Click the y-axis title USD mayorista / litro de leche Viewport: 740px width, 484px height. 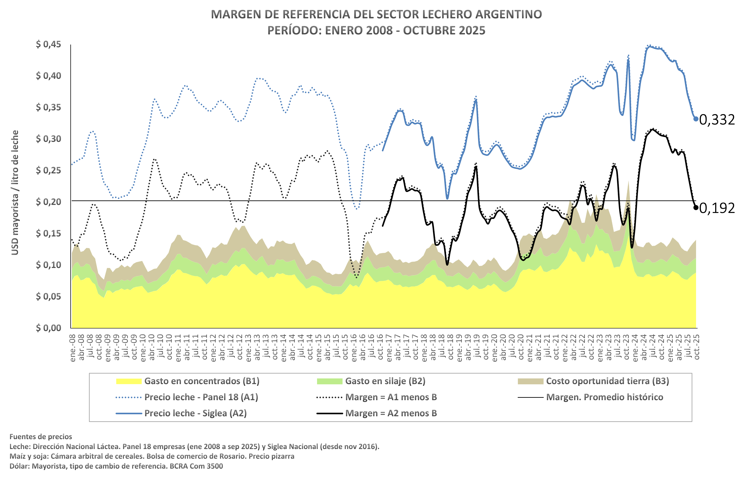[x=15, y=192]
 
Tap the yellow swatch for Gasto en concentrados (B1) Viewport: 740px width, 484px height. [x=129, y=381]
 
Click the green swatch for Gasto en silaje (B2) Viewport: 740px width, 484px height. [x=329, y=381]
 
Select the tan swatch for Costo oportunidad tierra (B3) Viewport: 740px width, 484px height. [x=530, y=381]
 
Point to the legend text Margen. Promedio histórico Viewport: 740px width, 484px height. [x=604, y=397]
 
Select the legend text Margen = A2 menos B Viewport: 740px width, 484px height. [x=391, y=413]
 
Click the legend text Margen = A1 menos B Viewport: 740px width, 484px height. [x=391, y=397]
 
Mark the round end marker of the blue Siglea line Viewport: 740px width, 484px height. [x=696, y=119]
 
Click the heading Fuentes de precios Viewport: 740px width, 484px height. [x=41, y=437]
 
